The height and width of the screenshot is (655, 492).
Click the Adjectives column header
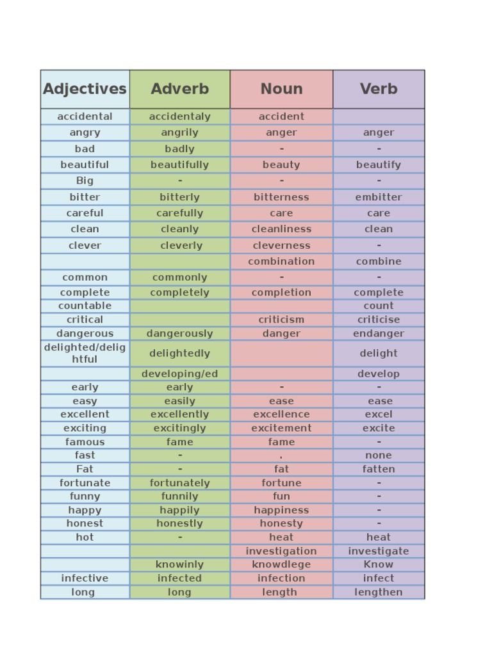pyautogui.click(x=85, y=89)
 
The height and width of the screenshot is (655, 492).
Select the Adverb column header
pyautogui.click(x=180, y=89)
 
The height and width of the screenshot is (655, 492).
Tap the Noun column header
pyautogui.click(x=281, y=89)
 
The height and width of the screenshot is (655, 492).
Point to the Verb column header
pyautogui.click(x=379, y=89)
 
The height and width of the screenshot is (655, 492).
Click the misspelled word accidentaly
pyautogui.click(x=180, y=116)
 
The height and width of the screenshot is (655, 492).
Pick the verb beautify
pyautogui.click(x=379, y=164)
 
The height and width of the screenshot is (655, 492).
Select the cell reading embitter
pyautogui.click(x=379, y=197)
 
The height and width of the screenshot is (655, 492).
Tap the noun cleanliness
pyautogui.click(x=281, y=229)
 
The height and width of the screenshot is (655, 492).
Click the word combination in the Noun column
pyautogui.click(x=281, y=261)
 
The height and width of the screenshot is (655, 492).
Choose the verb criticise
pyautogui.click(x=379, y=319)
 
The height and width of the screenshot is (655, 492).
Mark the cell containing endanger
pyautogui.click(x=379, y=333)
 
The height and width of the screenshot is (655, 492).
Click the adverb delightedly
pyautogui.click(x=180, y=353)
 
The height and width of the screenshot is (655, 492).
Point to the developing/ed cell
pyautogui.click(x=180, y=374)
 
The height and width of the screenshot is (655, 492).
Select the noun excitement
pyautogui.click(x=281, y=428)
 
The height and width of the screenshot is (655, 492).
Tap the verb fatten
pyautogui.click(x=379, y=469)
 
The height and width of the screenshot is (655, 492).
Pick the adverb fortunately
pyautogui.click(x=180, y=483)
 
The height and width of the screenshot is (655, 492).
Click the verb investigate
pyautogui.click(x=379, y=551)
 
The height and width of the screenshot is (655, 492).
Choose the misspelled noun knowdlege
pyautogui.click(x=281, y=564)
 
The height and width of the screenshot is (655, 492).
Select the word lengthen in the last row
pyautogui.click(x=379, y=592)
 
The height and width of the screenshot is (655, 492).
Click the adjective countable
pyautogui.click(x=85, y=306)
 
